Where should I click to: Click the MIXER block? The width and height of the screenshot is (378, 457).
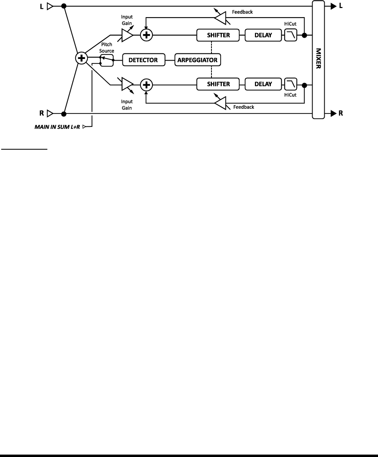[x=318, y=59]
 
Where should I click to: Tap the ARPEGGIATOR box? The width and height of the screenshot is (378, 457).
[x=198, y=60]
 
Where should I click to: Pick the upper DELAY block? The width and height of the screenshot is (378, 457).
[x=263, y=35]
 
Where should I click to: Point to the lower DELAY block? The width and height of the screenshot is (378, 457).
[x=263, y=84]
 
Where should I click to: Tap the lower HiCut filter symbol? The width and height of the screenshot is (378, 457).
[x=290, y=84]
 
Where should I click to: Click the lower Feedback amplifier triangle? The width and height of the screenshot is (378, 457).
[x=220, y=103]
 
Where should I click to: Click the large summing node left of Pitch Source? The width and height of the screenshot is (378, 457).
[x=81, y=59]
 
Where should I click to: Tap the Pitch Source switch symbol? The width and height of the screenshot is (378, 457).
[x=106, y=60]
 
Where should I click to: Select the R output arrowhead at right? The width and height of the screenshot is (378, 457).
[x=333, y=114]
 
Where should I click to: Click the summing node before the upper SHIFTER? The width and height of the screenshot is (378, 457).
[x=147, y=35]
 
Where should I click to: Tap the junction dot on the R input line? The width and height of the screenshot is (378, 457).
[x=63, y=114]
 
